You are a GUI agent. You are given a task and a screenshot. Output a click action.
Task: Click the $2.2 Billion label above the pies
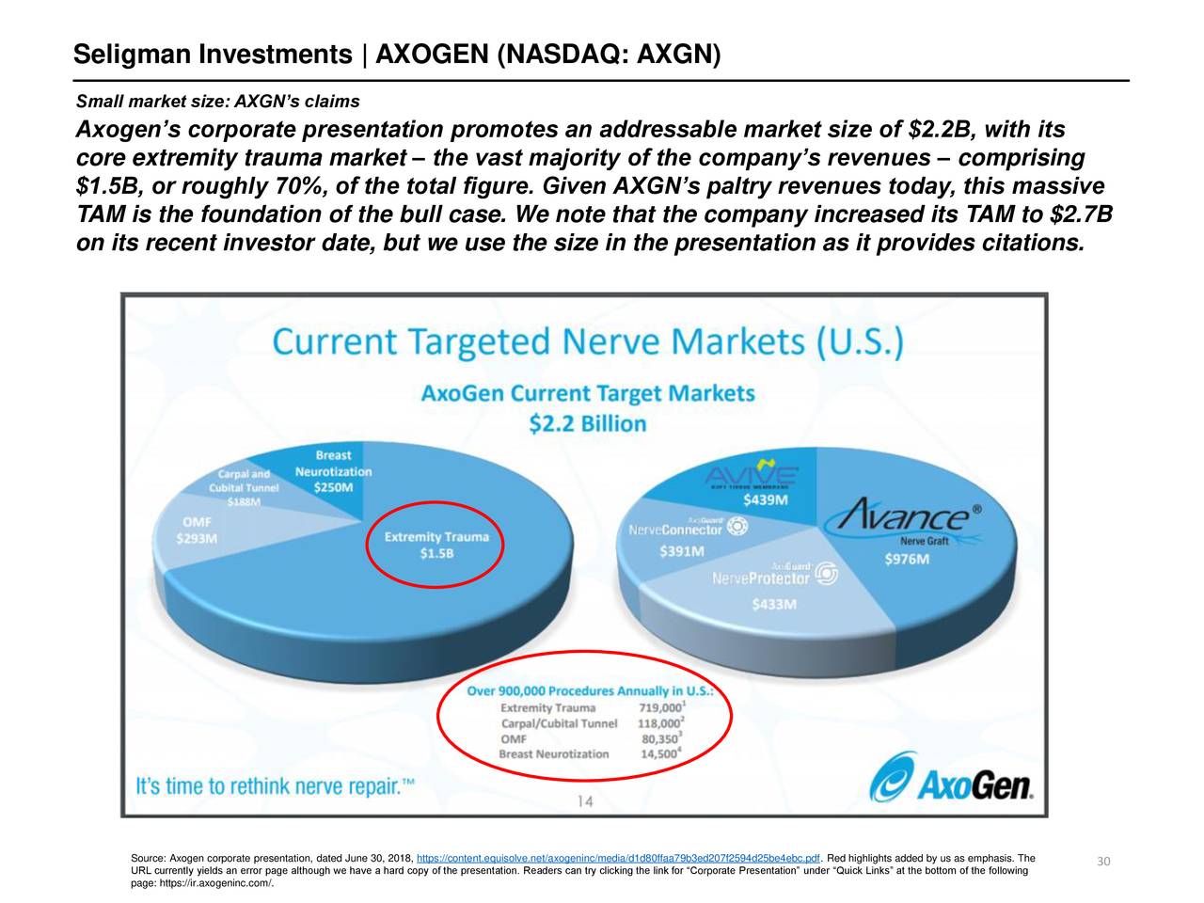pos(588,424)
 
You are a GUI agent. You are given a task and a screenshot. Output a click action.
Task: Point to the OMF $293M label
pos(197,530)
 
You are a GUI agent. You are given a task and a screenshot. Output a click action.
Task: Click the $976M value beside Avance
pos(907,560)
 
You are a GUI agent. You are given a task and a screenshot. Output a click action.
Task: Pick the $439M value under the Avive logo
pos(767,499)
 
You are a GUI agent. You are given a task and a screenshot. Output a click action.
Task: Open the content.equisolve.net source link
pos(618,858)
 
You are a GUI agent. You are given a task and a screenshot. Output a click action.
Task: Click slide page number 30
pos(1104,863)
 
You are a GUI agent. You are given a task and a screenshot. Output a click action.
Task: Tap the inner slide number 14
pos(584,801)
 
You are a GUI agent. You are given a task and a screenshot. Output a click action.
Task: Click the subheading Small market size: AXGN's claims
pos(217,102)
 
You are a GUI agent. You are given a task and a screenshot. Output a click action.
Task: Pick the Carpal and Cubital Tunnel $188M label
pos(244,487)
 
